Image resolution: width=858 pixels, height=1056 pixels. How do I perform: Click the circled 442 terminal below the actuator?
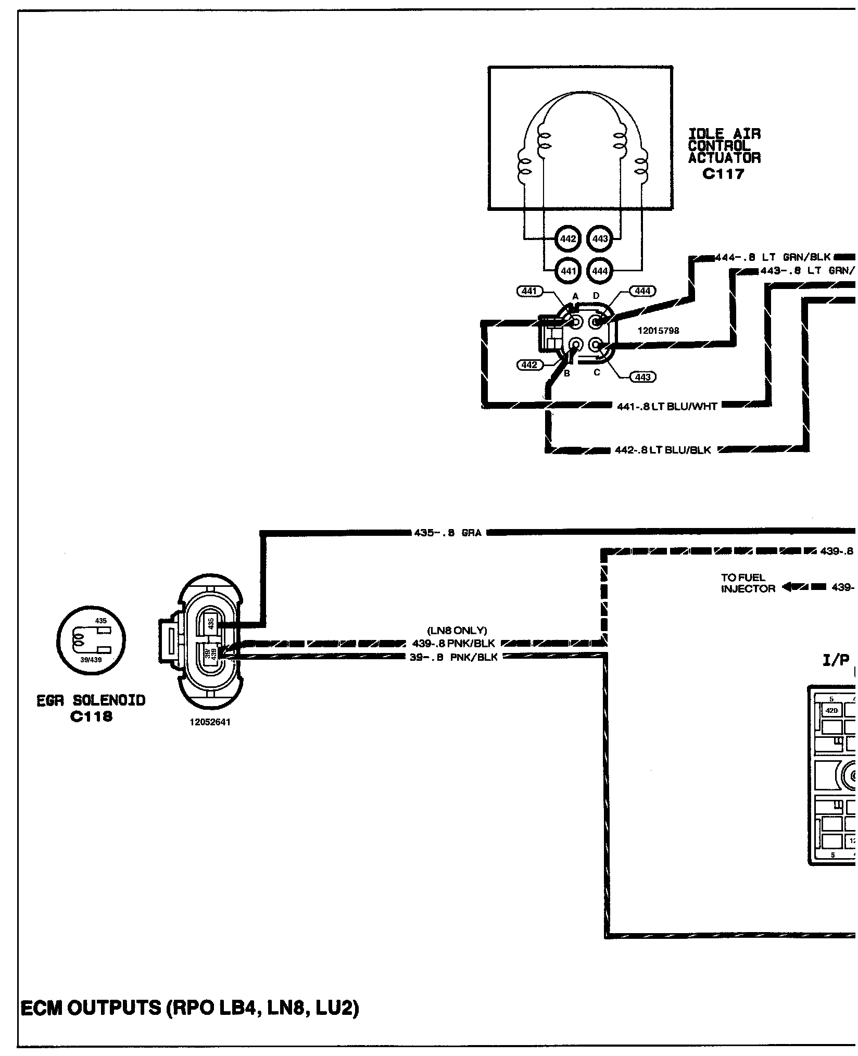click(568, 239)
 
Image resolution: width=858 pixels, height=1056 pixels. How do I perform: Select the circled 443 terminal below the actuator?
click(600, 239)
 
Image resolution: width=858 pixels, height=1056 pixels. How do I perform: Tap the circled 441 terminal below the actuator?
click(568, 271)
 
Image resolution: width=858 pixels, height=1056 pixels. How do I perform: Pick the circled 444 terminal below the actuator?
click(600, 271)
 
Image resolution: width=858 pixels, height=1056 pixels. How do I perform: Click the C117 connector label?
click(723, 174)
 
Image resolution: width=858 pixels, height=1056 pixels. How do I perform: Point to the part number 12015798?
click(658, 331)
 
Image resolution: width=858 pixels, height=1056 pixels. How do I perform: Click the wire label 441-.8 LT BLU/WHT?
click(667, 407)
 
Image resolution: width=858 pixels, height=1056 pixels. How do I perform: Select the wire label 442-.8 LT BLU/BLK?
click(663, 450)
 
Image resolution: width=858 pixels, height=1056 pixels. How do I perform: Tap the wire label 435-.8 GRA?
click(448, 533)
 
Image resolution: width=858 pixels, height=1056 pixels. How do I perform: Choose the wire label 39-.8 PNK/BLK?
click(453, 658)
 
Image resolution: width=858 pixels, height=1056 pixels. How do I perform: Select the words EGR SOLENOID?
click(91, 700)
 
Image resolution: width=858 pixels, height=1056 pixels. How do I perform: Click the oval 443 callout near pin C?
click(642, 377)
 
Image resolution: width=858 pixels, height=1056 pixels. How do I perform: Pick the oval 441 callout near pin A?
click(528, 291)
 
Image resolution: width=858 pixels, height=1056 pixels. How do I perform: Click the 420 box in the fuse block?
click(831, 710)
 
